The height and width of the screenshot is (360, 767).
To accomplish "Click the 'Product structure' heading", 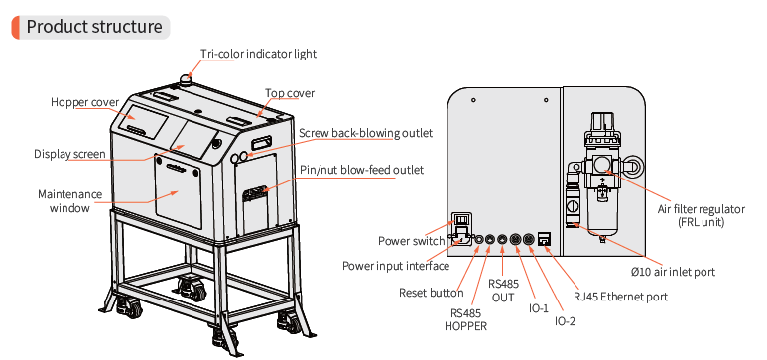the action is pyautogui.click(x=94, y=27).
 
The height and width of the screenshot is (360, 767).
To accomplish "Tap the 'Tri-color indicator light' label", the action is pyautogui.click(x=258, y=54).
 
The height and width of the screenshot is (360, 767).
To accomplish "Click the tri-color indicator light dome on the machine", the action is pyautogui.click(x=186, y=78).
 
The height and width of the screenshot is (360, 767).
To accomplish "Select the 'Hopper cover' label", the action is pyautogui.click(x=84, y=102).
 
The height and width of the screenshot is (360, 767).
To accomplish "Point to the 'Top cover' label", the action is pyautogui.click(x=290, y=93).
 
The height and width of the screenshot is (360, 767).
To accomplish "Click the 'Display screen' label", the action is pyautogui.click(x=69, y=154).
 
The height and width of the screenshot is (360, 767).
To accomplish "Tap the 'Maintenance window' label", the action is pyautogui.click(x=69, y=201).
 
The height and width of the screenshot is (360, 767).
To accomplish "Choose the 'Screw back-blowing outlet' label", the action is pyautogui.click(x=365, y=133).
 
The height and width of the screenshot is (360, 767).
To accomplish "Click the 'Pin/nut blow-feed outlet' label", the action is pyautogui.click(x=361, y=170).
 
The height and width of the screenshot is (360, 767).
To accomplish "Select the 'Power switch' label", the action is pyautogui.click(x=412, y=241).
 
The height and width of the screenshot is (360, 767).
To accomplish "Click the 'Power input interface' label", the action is pyautogui.click(x=395, y=266).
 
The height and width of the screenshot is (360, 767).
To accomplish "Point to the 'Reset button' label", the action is pyautogui.click(x=431, y=293).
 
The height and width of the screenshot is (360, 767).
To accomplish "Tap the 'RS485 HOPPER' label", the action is pyautogui.click(x=465, y=319).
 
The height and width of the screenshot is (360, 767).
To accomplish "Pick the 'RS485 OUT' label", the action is pyautogui.click(x=503, y=290).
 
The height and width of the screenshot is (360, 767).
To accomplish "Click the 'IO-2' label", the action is pyautogui.click(x=565, y=321).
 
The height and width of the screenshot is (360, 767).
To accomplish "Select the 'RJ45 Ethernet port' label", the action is pyautogui.click(x=620, y=297).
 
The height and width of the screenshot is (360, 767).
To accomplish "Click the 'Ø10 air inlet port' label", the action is pyautogui.click(x=673, y=272).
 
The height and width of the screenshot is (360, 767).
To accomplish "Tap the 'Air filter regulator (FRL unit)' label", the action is pyautogui.click(x=701, y=216).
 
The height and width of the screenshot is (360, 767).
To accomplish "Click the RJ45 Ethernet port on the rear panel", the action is pyautogui.click(x=544, y=239).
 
